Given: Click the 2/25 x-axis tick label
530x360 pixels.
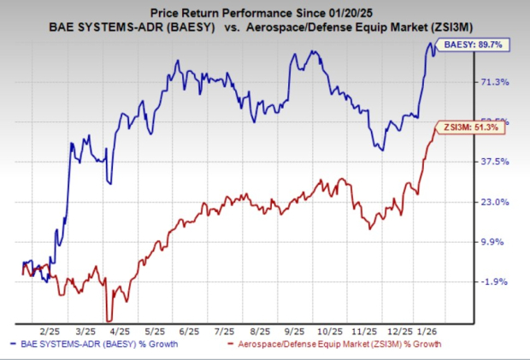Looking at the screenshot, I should pos(48,330).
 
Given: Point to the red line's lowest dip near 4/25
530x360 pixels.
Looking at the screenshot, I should pos(108,318).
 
